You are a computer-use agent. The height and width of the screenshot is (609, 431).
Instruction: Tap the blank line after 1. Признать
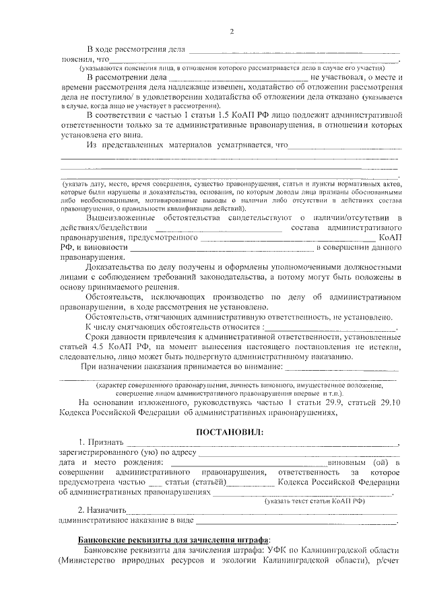click(x=263, y=443)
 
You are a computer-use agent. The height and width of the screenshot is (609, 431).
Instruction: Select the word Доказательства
click(x=117, y=266)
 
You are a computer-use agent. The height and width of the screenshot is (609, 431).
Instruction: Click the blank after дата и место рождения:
click(x=246, y=464)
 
